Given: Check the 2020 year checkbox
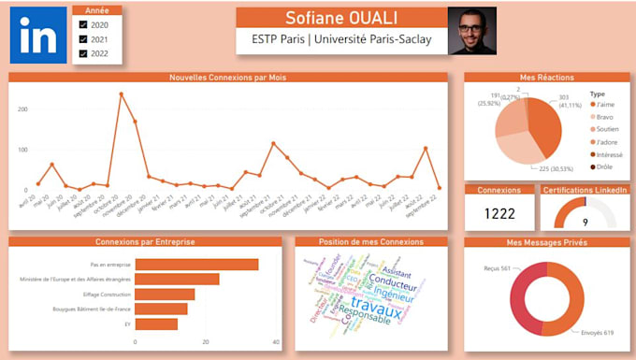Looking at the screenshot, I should (x=83, y=25).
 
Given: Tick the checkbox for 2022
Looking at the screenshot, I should (x=83, y=53).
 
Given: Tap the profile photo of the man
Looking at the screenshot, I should (x=472, y=31).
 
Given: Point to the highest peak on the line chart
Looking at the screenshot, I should (x=121, y=94).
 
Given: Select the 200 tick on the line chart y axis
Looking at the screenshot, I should (x=22, y=109).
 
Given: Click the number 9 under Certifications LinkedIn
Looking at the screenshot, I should (x=585, y=223).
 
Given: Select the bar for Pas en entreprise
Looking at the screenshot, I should (x=196, y=265).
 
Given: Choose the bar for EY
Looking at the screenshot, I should (x=156, y=324).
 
